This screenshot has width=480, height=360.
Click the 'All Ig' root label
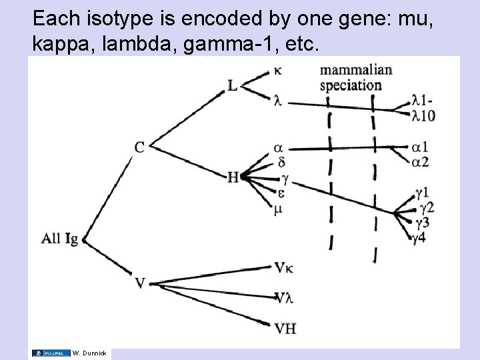click(x=59, y=238)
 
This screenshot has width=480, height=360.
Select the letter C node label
click(x=139, y=147)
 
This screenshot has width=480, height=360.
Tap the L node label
click(x=232, y=85)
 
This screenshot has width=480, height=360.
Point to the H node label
click(x=233, y=177)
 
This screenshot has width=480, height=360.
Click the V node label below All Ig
click(x=140, y=283)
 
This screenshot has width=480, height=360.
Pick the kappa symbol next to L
click(x=277, y=70)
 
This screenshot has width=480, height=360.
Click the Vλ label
click(x=283, y=297)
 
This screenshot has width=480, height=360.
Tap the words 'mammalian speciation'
click(x=355, y=77)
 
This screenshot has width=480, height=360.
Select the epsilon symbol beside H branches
click(x=281, y=193)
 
